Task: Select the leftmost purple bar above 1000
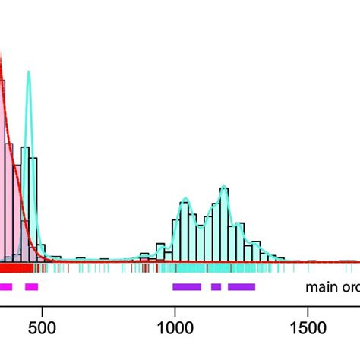pyautogui.click(x=187, y=286)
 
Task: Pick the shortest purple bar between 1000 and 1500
pyautogui.click(x=216, y=286)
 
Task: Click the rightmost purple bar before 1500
pyautogui.click(x=242, y=286)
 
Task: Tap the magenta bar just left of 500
pyautogui.click(x=31, y=286)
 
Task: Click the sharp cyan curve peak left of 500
pyautogui.click(x=29, y=73)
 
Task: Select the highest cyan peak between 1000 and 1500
pyautogui.click(x=223, y=186)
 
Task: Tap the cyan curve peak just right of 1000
pyautogui.click(x=185, y=201)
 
